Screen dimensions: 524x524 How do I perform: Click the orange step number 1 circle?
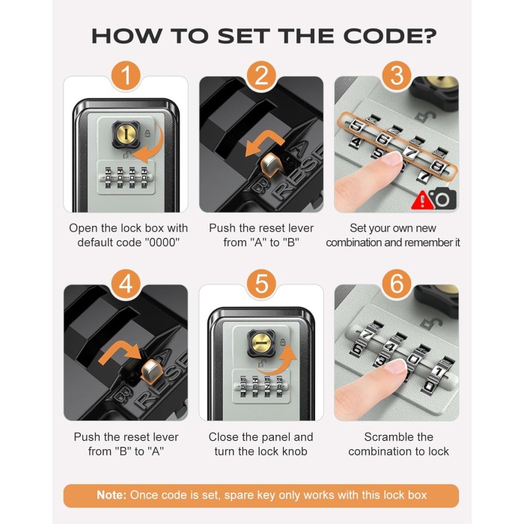[126, 76]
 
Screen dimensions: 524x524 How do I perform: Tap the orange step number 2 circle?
[261, 76]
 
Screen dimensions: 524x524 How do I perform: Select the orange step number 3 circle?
[397, 76]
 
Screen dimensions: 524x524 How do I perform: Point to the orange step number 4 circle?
[126, 284]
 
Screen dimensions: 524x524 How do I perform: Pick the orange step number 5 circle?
[261, 284]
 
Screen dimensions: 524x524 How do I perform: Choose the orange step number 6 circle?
[397, 284]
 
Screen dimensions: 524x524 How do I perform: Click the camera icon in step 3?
[442, 198]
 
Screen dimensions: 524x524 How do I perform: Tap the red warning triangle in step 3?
[422, 200]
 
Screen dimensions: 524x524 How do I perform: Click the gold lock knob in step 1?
[126, 134]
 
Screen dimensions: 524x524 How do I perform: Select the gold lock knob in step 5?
[261, 343]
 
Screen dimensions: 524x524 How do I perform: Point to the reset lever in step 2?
[271, 166]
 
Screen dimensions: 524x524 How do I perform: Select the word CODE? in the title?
[390, 36]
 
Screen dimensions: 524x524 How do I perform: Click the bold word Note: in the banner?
[112, 495]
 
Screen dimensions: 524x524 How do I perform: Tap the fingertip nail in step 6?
[395, 367]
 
